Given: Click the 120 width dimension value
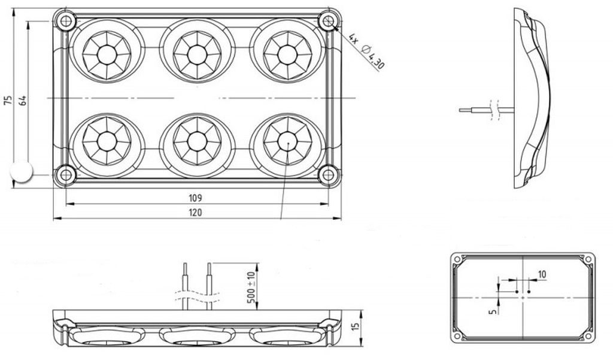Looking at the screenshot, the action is tap(195, 213).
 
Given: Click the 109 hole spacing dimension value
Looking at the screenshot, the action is tap(195, 198).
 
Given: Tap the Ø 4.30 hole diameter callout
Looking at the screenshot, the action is tap(372, 57).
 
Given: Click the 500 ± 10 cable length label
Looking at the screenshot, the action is tap(251, 288).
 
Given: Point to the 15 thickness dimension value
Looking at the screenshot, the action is tap(356, 326).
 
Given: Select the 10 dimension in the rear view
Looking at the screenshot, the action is tap(542, 275).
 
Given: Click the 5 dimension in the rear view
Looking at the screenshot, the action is tap(493, 311).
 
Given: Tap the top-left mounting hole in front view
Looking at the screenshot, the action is tap(65, 20).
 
